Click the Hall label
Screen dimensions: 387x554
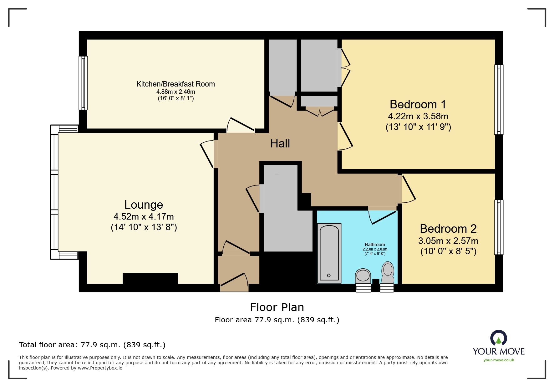(x=280, y=143)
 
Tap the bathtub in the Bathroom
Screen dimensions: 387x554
(x=329, y=253)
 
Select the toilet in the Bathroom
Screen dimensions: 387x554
(x=388, y=272)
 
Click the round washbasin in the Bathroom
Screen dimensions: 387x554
(x=363, y=276)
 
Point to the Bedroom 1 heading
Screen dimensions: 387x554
(x=418, y=104)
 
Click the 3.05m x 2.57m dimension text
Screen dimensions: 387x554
(x=448, y=241)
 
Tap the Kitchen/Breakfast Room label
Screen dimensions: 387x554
(x=175, y=84)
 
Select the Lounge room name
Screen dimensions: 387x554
(x=144, y=205)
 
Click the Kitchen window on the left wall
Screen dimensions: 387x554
(x=83, y=83)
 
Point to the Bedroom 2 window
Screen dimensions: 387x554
(x=499, y=227)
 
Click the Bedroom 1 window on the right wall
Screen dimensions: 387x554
(x=499, y=100)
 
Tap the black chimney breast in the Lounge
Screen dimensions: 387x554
(x=150, y=278)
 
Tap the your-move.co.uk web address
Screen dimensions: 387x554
(x=499, y=360)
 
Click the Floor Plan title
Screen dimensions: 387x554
(x=277, y=307)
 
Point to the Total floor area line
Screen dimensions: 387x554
(x=92, y=345)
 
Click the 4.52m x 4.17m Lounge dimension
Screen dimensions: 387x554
(x=144, y=216)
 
